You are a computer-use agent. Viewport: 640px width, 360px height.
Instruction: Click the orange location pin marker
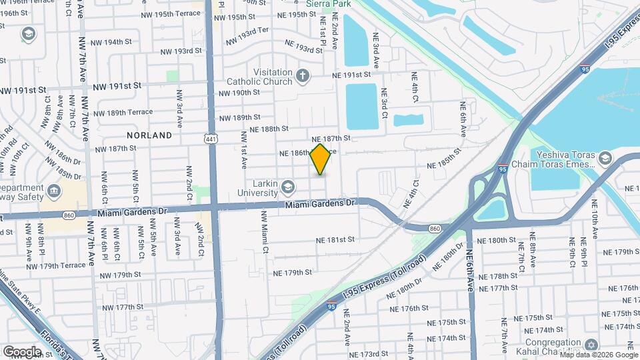click(x=320, y=159)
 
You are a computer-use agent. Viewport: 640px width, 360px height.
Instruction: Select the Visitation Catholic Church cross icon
click(x=303, y=74)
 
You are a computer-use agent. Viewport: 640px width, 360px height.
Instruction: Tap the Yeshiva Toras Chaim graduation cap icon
click(x=604, y=157)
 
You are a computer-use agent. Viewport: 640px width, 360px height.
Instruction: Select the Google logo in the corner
click(x=22, y=351)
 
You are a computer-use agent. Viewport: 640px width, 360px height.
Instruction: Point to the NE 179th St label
click(x=292, y=273)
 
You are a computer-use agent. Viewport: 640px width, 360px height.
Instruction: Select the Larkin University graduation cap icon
click(x=287, y=185)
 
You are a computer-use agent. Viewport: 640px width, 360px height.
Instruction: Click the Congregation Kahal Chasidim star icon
click(x=590, y=345)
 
